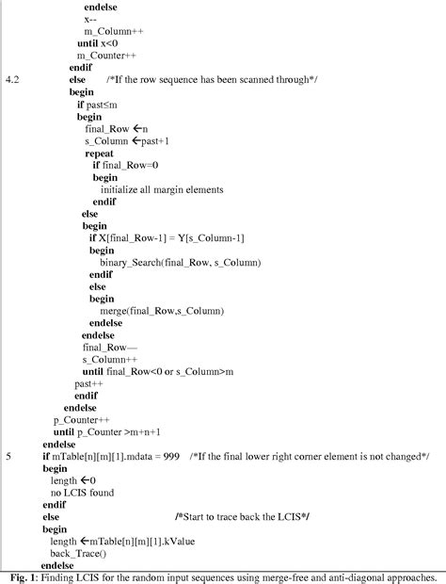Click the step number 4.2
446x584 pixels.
[12, 79]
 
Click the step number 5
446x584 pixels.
[8, 456]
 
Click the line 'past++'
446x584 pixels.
[88, 383]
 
